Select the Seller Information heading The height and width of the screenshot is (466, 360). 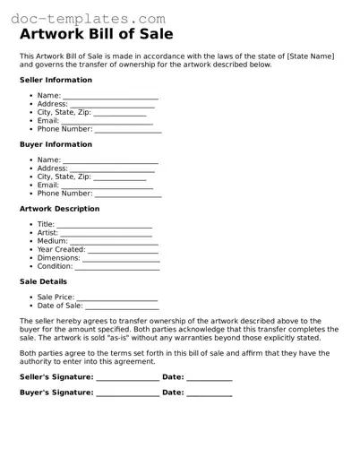56,80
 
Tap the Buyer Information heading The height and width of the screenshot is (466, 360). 56,144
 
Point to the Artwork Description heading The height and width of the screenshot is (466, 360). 59,209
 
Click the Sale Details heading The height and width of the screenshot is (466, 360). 43,281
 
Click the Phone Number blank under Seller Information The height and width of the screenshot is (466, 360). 128,130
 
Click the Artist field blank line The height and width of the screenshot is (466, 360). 106,234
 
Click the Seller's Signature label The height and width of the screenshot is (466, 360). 56,377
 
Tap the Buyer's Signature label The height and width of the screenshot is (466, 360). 56,393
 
